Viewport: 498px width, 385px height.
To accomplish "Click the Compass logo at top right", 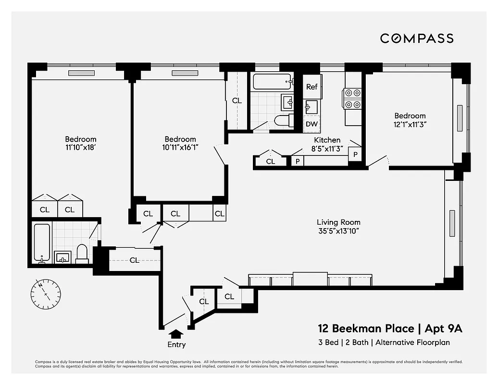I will coord(417,38).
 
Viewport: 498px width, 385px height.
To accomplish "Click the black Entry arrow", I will coord(176,334).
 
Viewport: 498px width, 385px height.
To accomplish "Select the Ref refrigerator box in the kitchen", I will coord(312,87).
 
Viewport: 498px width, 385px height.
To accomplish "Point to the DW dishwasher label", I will coord(311,124).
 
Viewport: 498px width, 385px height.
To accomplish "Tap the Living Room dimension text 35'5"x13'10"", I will coord(338,231).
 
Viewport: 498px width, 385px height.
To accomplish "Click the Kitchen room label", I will coord(327,140).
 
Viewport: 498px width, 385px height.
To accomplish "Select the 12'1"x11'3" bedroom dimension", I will coord(410,124).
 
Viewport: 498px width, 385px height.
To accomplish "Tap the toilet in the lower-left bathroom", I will coord(82,254).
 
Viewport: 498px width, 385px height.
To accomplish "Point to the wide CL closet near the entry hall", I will coord(134,260).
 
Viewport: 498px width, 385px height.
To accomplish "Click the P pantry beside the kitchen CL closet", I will coord(298,161).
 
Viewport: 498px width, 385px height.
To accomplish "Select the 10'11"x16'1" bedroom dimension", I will coord(179,148).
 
